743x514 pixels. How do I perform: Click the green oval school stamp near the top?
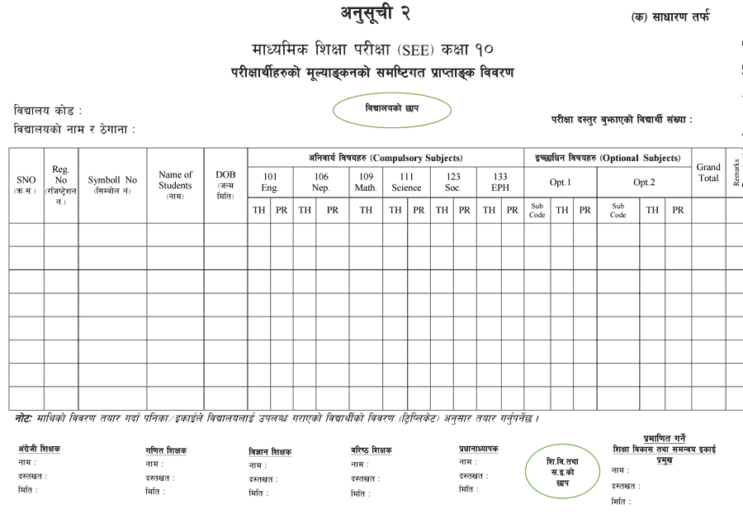point(392,110)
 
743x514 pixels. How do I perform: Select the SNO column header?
point(26,184)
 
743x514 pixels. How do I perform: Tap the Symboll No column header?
point(112,184)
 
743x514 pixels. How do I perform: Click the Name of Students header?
point(175,184)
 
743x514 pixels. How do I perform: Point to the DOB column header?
point(225,184)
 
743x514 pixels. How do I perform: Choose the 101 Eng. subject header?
point(270,182)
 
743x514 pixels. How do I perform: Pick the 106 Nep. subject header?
point(320,182)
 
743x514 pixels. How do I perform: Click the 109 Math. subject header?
point(366,182)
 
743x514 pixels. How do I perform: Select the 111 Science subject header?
point(406,182)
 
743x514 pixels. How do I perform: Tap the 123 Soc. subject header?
point(453,182)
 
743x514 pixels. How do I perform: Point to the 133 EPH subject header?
point(500,182)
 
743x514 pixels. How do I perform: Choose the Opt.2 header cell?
point(643,182)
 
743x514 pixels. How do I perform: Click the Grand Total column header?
point(708,173)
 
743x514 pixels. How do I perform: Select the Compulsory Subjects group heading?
point(386,158)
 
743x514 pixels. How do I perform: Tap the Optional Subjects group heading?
point(608,158)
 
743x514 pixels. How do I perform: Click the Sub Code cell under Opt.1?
point(537,210)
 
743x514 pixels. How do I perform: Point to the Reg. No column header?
point(61,185)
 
